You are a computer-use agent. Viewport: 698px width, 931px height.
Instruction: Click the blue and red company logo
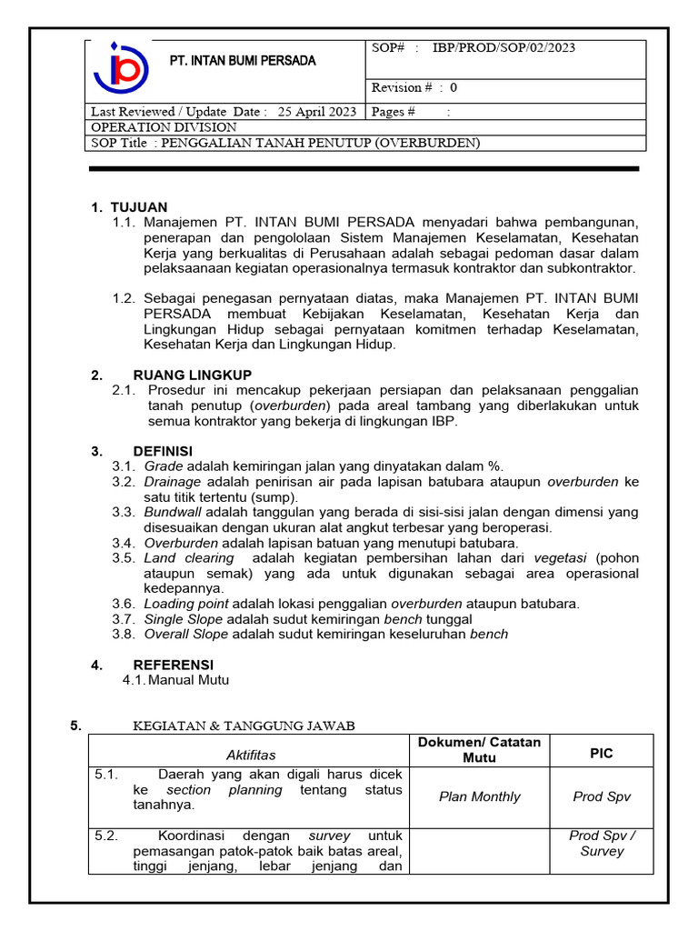121,70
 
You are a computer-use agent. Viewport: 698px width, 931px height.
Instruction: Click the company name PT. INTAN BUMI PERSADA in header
244,61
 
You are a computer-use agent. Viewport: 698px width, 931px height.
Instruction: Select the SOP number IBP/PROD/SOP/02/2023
504,48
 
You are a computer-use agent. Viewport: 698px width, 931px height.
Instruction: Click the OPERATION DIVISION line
164,127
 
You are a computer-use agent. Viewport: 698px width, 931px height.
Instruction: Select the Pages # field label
394,112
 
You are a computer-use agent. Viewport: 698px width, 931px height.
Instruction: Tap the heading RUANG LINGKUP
193,375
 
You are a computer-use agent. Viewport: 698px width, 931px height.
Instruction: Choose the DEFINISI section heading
163,451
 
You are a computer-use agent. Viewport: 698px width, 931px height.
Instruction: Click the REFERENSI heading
173,665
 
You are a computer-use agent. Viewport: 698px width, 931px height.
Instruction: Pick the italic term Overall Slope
185,634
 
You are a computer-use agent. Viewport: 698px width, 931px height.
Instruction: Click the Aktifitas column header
250,755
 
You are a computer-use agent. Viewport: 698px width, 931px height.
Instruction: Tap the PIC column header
602,754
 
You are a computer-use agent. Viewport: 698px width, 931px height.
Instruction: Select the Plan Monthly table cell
479,796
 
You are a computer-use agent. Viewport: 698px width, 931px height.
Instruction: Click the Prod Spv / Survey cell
602,843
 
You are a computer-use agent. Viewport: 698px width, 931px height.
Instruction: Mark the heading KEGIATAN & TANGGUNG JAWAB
244,725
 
